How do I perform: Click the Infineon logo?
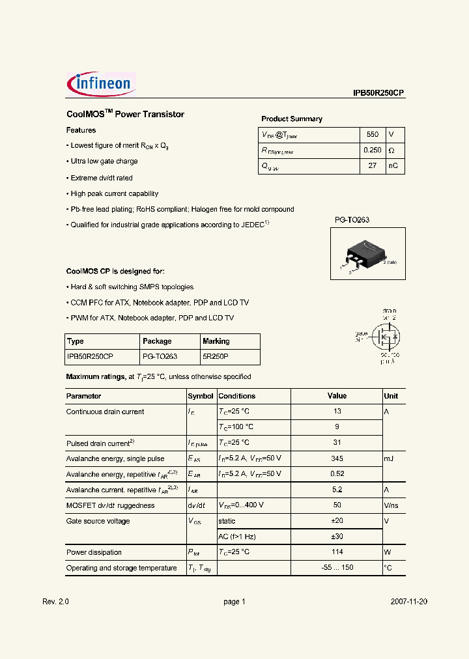tap(101, 83)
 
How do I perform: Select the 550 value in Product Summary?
tap(372, 134)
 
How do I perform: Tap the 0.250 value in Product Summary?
tap(372, 150)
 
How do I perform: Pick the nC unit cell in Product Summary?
tap(394, 166)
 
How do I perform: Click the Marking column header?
tap(216, 341)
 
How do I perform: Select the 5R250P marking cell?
tap(216, 357)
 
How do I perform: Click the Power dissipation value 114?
tap(337, 552)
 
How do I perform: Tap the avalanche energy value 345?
tap(337, 458)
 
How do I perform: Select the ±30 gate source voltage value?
tap(337, 537)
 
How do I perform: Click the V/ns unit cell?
tap(391, 505)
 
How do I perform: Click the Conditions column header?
tap(236, 396)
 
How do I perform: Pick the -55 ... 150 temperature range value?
tap(337, 568)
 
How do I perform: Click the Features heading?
tap(81, 130)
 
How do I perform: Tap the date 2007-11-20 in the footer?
tap(409, 602)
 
